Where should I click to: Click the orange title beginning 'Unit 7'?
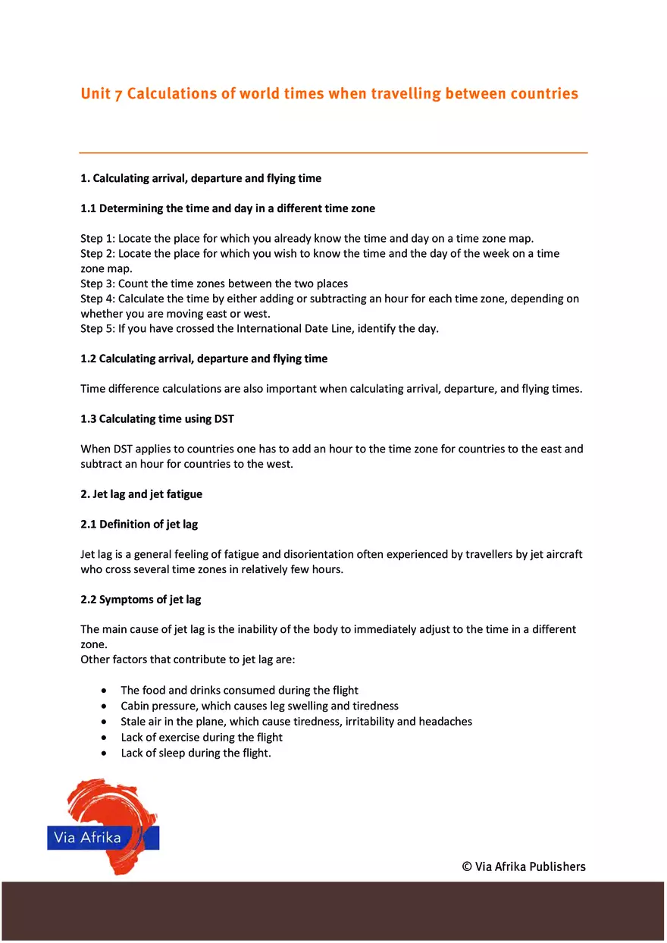point(329,94)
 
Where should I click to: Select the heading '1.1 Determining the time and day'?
point(227,208)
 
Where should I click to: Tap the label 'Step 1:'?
point(98,239)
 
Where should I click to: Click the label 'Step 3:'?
point(98,284)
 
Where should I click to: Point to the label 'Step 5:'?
point(98,328)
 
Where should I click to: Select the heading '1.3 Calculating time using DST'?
point(158,418)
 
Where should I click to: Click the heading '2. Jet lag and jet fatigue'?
point(141,494)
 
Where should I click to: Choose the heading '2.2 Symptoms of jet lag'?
point(140,600)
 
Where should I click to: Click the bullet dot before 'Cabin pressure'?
point(104,706)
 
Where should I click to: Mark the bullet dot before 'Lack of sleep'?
point(104,753)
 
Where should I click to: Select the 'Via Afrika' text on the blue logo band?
point(88,838)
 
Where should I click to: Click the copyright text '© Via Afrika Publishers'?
point(524,866)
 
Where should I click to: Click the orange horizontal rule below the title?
point(333,153)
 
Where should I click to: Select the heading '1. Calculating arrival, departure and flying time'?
point(201,179)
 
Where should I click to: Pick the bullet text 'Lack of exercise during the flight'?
point(202,738)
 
